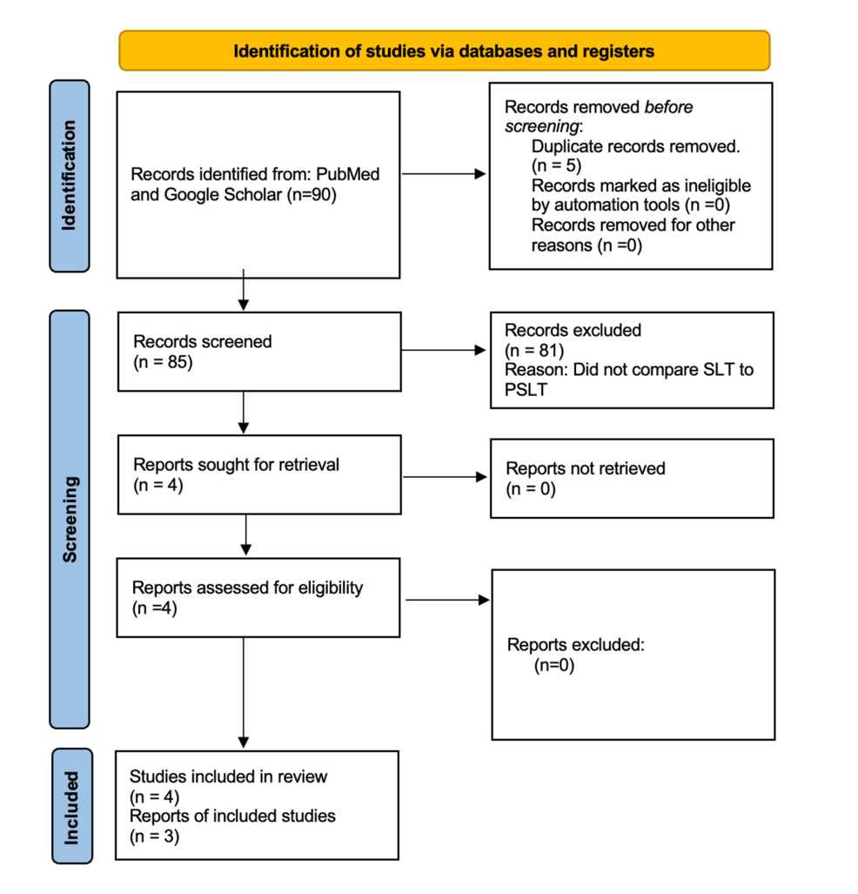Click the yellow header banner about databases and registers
click(x=444, y=50)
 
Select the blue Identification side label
click(x=70, y=175)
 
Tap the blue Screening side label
click(x=70, y=519)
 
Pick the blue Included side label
click(x=70, y=805)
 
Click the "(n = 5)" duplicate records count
click(x=555, y=166)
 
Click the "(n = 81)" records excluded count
click(x=533, y=350)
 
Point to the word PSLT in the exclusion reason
click(x=525, y=389)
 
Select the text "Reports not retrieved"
click(x=585, y=468)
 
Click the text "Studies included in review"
click(x=228, y=776)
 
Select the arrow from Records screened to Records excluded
click(x=443, y=351)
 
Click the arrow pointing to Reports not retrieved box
click(x=443, y=476)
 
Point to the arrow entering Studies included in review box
click(x=244, y=696)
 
